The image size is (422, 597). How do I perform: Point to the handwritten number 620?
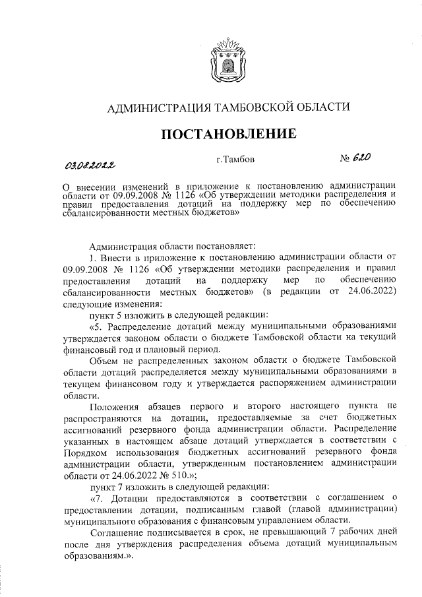pyautogui.click(x=362, y=158)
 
